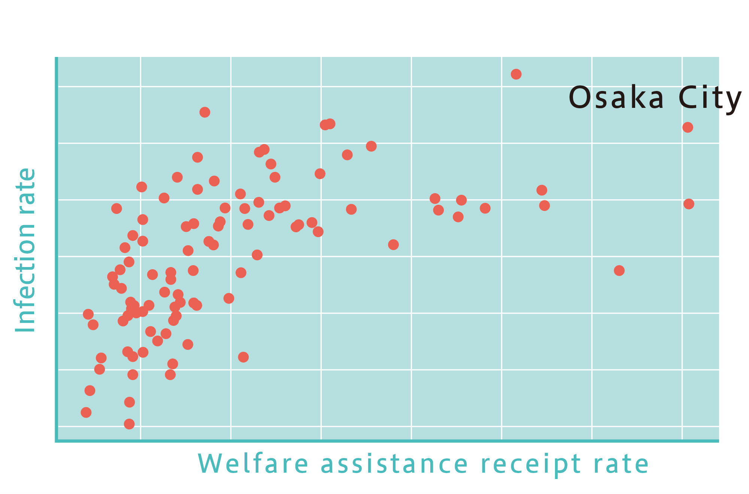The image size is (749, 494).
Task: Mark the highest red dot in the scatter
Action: (x=516, y=74)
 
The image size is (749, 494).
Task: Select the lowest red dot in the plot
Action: (x=129, y=424)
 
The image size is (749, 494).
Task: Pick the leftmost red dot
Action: (x=86, y=412)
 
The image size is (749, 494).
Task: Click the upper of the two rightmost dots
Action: (x=688, y=127)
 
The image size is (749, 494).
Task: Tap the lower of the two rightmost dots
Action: (x=689, y=204)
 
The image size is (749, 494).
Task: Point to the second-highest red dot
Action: (x=205, y=112)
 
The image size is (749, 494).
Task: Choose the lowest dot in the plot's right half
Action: (x=619, y=270)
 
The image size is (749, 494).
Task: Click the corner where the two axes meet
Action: (x=57, y=441)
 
